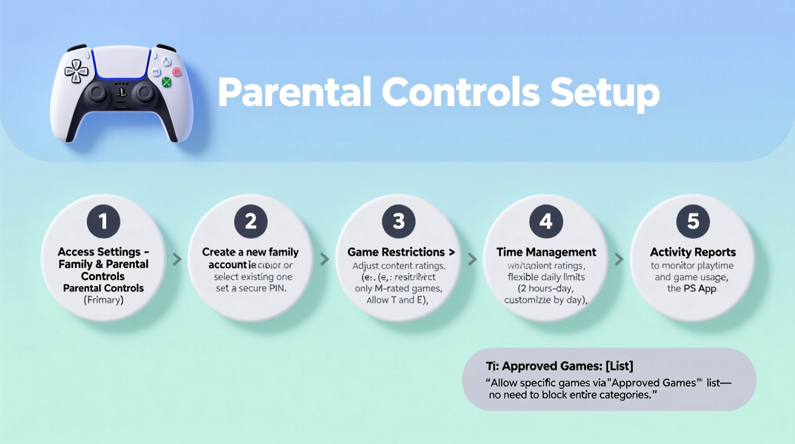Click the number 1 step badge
point(103,222)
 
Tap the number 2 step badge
point(251,222)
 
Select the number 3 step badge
point(398,222)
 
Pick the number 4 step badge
point(546,222)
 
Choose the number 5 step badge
point(693,222)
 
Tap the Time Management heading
point(546,252)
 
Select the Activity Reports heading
point(693,252)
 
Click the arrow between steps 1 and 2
point(177,259)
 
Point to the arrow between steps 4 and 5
point(619,259)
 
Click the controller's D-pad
point(76,71)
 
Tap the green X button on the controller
point(166,82)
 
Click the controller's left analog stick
point(97,92)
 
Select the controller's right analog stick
point(143,92)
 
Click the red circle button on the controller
point(177,72)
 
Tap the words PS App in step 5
point(699,289)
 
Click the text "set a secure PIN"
point(251,289)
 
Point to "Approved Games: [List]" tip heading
point(567,366)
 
